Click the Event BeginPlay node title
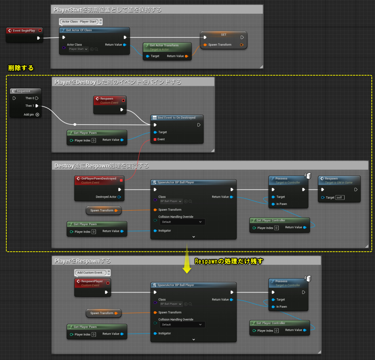pos(24,31)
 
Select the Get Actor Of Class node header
pos(79,30)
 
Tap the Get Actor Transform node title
pos(164,45)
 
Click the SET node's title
pos(223,35)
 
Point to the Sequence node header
pos(23,91)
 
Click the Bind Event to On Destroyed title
pos(176,118)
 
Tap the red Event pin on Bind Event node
pos(155,139)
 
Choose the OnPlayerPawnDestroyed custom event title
pos(98,179)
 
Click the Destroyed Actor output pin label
pos(106,197)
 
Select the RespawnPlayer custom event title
pos(92,281)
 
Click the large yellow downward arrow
pos(187,259)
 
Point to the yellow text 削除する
pos(21,68)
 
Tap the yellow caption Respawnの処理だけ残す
pos(229,261)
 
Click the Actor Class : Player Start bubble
pos(79,22)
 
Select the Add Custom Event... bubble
pos(90,273)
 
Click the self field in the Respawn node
pos(339,198)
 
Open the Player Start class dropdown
pos(78,49)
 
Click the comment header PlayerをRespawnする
pos(82,261)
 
